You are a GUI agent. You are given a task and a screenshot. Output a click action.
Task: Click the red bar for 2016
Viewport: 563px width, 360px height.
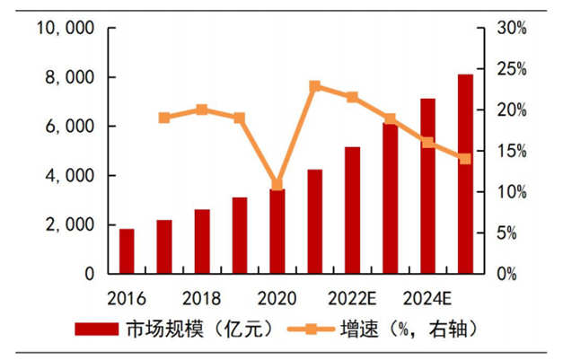[127, 250]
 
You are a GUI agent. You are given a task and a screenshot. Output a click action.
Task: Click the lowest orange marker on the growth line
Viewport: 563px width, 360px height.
[277, 184]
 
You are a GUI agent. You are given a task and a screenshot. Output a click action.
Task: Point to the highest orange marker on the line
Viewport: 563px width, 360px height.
[315, 86]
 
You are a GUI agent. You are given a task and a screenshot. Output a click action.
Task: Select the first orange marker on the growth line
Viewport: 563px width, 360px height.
[164, 118]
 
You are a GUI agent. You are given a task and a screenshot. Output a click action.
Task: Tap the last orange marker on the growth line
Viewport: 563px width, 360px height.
[465, 159]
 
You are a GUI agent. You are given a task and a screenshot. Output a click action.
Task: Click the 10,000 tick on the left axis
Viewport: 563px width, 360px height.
[65, 29]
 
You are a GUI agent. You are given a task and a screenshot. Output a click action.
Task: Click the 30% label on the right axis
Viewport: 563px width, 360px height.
[515, 29]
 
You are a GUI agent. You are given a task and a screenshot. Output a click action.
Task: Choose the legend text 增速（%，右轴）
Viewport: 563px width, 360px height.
[409, 329]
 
